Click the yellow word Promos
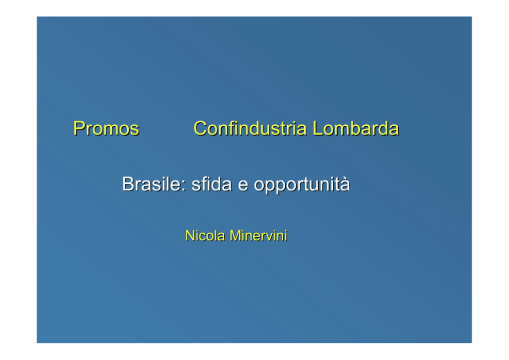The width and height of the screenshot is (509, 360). tap(106, 128)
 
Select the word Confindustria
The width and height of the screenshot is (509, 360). tap(250, 128)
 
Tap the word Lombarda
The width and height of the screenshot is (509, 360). tap(356, 128)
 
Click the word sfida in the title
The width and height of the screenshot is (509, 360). tap(211, 184)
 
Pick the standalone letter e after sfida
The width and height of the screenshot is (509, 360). tap(243, 186)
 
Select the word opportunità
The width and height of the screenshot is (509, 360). tap(302, 185)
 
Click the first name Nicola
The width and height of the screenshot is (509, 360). tap(205, 236)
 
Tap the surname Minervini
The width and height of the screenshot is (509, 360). tap(259, 236)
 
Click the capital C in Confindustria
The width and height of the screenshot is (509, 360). tap(201, 128)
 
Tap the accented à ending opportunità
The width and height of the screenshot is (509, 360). tap(345, 184)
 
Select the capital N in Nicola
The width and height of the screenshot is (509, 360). tap(189, 236)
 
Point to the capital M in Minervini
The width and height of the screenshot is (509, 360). tap(235, 236)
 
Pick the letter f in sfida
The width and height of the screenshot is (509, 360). tap(203, 184)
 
